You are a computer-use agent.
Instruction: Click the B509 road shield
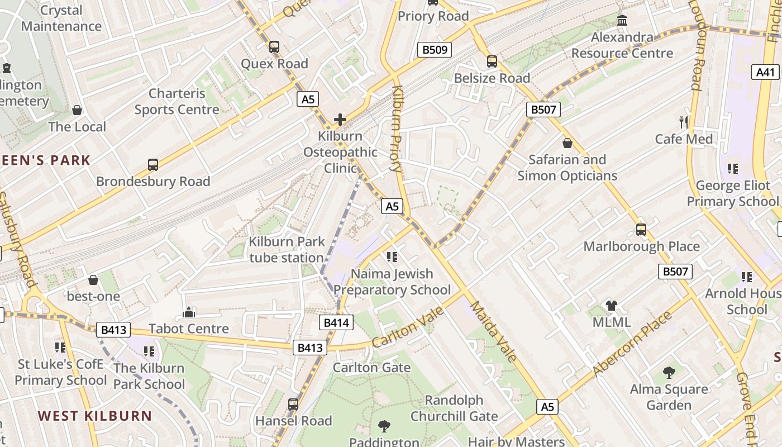click(435, 50)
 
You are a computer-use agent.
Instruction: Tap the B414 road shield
click(336, 322)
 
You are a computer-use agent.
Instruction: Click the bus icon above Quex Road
click(274, 47)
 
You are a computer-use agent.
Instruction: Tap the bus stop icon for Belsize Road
click(492, 61)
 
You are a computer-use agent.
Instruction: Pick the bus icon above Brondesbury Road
click(152, 165)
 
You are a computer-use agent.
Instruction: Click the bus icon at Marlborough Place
click(641, 230)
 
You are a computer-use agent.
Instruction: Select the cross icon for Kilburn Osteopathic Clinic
click(340, 120)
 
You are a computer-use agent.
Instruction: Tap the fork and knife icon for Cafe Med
click(684, 122)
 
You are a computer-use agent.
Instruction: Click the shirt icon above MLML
click(612, 306)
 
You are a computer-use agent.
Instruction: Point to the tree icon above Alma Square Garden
click(669, 373)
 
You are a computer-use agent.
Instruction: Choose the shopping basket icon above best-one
click(93, 279)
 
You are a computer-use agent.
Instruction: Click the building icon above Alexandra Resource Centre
click(622, 21)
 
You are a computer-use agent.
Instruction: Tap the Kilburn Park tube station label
click(287, 250)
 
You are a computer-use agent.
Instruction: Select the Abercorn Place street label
click(632, 343)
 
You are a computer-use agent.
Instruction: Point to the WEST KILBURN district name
click(95, 416)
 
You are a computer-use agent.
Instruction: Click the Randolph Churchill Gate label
click(454, 408)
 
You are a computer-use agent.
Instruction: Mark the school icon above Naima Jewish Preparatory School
click(392, 257)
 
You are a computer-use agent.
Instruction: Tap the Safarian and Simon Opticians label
click(567, 168)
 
